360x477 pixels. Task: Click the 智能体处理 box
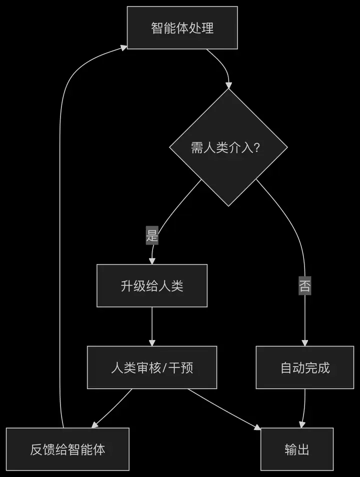click(x=182, y=28)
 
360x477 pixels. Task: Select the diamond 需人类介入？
click(x=228, y=147)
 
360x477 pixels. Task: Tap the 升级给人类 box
click(x=152, y=285)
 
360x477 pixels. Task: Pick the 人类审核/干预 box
click(x=152, y=367)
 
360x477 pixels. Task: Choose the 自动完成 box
click(x=305, y=367)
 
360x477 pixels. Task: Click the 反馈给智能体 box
click(x=67, y=449)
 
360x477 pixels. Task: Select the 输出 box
click(x=297, y=449)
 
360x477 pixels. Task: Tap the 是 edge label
click(x=152, y=235)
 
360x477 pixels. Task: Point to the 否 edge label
click(x=304, y=286)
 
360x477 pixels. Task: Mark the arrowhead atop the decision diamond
click(x=228, y=85)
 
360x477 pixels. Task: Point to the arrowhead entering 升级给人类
click(x=152, y=261)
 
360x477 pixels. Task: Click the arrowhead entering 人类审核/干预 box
click(x=152, y=342)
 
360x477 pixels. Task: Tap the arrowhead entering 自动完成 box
click(x=305, y=342)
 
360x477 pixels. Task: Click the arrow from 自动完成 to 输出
click(x=303, y=407)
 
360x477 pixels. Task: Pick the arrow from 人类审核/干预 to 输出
click(x=225, y=408)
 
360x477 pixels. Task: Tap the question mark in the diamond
click(x=256, y=148)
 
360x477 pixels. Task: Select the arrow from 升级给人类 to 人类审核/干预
click(x=152, y=325)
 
